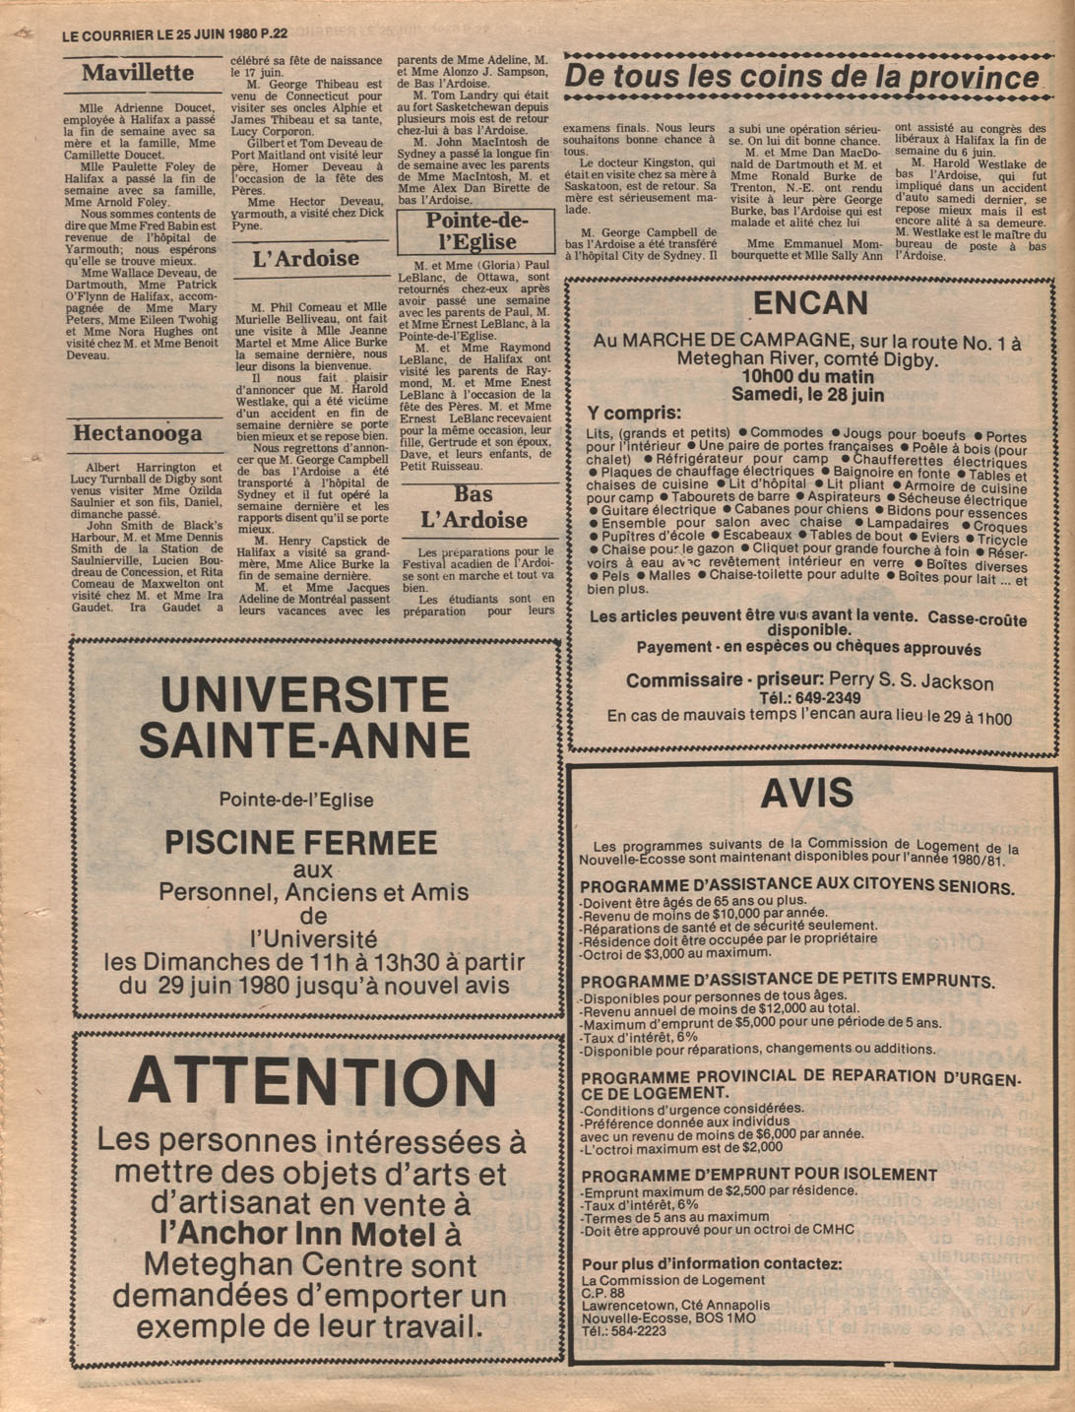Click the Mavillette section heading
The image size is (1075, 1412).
tap(138, 73)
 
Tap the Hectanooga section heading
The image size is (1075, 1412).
tap(138, 434)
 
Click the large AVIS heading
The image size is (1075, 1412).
tap(806, 793)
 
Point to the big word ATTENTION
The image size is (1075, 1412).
tap(313, 1082)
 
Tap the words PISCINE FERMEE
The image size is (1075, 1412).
tap(300, 843)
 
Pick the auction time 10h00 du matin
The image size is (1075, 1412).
tap(808, 377)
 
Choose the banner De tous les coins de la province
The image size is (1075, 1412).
tap(801, 77)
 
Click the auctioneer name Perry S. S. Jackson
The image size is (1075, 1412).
tap(911, 681)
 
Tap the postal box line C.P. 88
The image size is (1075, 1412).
tap(603, 1293)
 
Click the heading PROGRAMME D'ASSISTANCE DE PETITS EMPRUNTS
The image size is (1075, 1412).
tap(787, 981)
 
